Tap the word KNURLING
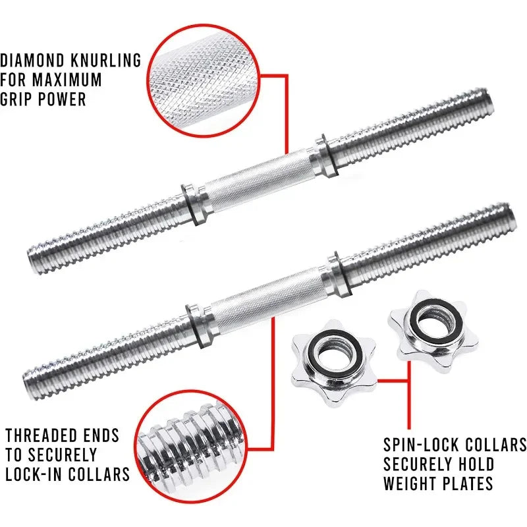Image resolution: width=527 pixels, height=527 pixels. pos(109,61)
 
